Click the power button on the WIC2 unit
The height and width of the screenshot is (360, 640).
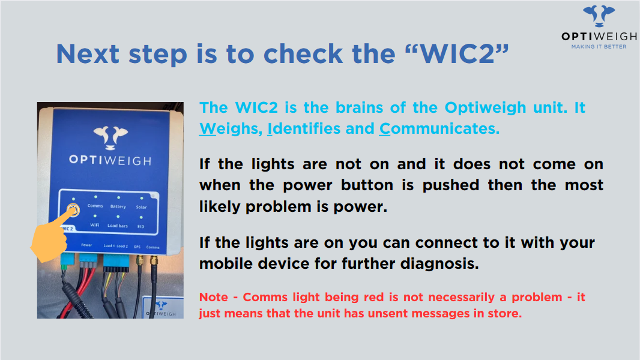tap(73, 210)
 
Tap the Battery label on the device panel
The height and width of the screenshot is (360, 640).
tap(118, 206)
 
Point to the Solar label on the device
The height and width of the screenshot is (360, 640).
tap(141, 207)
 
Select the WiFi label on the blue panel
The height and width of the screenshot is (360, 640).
tap(95, 225)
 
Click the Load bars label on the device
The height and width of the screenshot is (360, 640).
tap(118, 226)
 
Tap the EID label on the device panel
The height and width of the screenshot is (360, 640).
tap(141, 226)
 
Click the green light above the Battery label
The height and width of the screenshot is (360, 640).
tap(118, 198)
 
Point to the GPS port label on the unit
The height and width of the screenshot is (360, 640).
tap(137, 247)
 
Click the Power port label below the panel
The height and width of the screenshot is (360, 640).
tap(86, 245)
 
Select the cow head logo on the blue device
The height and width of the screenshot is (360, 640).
tap(110, 137)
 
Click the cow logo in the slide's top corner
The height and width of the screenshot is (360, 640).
tap(599, 16)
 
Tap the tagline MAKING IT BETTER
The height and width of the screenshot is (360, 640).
tap(599, 47)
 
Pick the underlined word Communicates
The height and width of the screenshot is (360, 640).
tap(439, 129)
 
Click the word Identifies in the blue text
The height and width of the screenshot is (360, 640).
tap(304, 129)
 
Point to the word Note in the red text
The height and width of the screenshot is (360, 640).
tap(214, 297)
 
